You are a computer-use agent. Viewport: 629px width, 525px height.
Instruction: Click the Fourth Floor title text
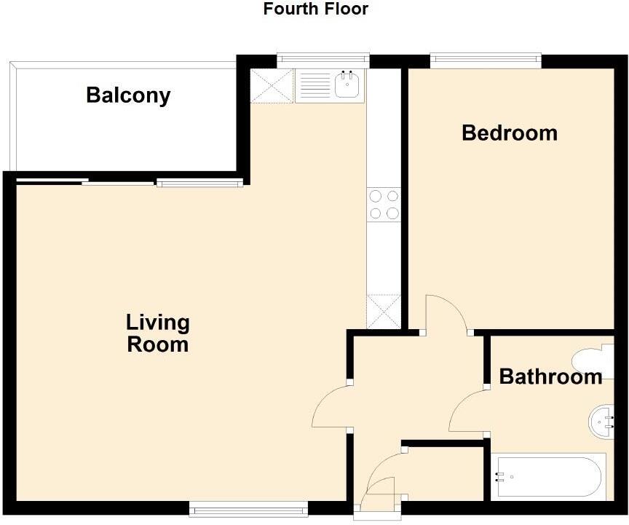click(x=315, y=9)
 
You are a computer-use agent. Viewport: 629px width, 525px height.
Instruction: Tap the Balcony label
click(x=128, y=95)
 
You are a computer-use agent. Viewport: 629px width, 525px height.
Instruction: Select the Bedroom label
click(x=510, y=133)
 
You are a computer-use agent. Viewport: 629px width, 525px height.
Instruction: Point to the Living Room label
click(x=157, y=333)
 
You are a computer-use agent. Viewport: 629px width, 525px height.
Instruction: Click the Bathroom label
click(x=550, y=376)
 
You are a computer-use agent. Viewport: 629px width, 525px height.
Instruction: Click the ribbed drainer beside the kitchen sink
click(x=314, y=87)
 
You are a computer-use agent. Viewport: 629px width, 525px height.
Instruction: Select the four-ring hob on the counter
click(x=384, y=205)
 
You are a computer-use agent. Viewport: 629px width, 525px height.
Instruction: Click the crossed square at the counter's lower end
click(x=384, y=312)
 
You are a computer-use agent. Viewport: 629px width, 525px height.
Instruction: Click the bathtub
click(x=547, y=477)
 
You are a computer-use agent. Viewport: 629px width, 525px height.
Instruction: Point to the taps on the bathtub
click(x=500, y=477)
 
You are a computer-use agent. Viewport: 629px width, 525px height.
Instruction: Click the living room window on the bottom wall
click(x=249, y=509)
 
